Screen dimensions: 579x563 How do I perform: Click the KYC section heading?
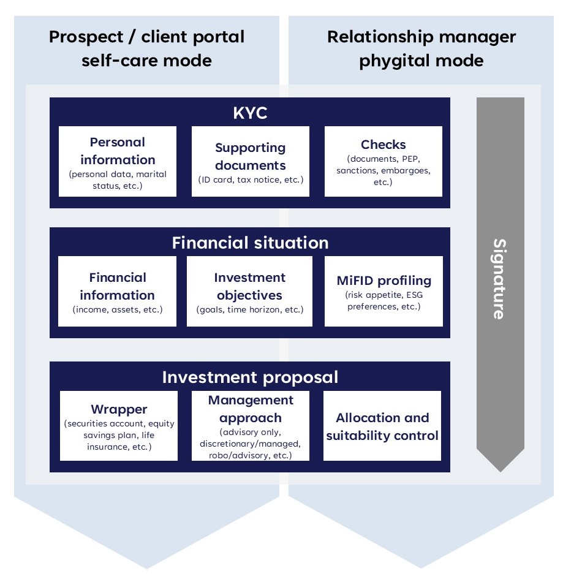[x=250, y=113]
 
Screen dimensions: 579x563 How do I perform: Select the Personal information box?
[x=118, y=161]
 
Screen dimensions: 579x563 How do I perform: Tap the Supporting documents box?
[x=250, y=162]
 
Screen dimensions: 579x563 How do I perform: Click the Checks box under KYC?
[x=383, y=161]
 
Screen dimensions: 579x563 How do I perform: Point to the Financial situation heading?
[x=250, y=243]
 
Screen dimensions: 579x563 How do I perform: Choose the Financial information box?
[x=117, y=291]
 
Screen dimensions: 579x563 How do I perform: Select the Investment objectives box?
[x=249, y=291]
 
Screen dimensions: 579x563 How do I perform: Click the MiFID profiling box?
[x=384, y=291]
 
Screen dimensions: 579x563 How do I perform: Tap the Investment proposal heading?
[x=250, y=377]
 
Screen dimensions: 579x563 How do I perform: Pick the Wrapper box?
[x=119, y=426]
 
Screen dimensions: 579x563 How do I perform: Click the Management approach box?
[x=251, y=426]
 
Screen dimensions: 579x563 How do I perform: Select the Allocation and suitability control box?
[x=382, y=426]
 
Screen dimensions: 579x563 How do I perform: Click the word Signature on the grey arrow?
[x=500, y=279]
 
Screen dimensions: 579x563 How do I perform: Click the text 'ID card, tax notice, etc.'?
[x=250, y=180]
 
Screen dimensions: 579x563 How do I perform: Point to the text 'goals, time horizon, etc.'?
[x=249, y=309]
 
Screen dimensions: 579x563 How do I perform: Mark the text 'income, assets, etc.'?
[x=117, y=309]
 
